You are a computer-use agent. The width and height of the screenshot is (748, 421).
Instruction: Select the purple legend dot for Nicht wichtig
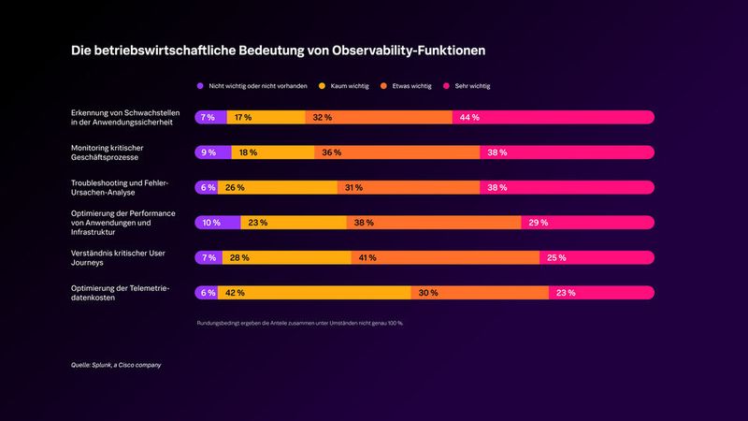(x=199, y=86)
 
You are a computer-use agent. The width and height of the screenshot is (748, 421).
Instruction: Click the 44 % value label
(x=468, y=118)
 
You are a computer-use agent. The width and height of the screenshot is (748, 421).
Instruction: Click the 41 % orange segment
(x=445, y=257)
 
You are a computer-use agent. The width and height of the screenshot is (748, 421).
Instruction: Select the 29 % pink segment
(x=586, y=223)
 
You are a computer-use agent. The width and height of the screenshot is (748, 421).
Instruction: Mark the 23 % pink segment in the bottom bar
(x=600, y=293)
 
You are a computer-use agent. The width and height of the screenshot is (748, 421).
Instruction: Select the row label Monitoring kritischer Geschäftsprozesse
(x=110, y=152)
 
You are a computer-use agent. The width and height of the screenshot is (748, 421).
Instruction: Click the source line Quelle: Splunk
(x=116, y=365)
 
